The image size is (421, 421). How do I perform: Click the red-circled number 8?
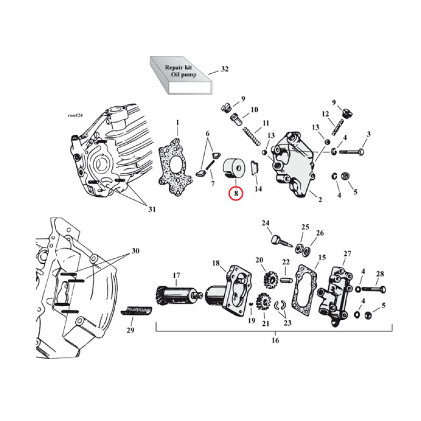236,194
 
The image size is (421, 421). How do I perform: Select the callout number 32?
225,69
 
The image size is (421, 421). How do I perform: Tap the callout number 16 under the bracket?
275,340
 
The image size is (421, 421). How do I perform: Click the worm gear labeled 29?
138,310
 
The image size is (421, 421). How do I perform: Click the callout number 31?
152,209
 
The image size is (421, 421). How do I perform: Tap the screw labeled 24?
282,241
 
